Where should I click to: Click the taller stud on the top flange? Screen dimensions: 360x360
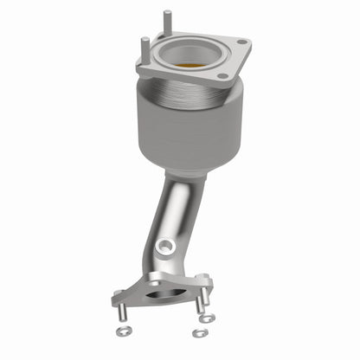165,24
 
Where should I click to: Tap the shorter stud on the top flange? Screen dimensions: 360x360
140,46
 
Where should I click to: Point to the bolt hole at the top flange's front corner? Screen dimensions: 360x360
223,76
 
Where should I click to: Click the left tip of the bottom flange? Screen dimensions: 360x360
115,300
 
